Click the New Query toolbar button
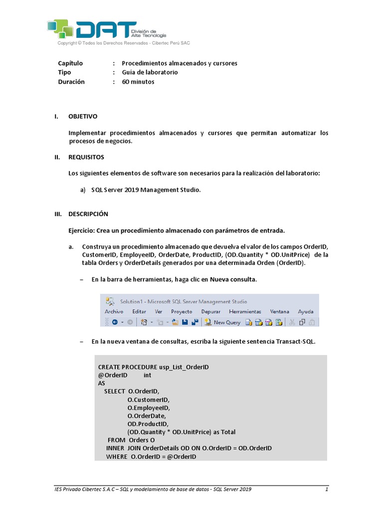(223, 322)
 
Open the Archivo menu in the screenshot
(114, 311)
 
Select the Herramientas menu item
(245, 311)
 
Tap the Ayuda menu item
(306, 311)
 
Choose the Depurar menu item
(210, 311)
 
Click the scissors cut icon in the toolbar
(292, 322)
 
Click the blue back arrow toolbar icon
(114, 322)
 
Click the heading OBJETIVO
(83, 116)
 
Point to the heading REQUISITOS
(86, 157)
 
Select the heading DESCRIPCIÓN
(88, 214)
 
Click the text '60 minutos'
(138, 82)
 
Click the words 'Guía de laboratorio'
(150, 72)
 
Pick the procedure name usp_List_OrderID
(184, 367)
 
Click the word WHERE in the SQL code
(117, 457)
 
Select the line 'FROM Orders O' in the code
(131, 440)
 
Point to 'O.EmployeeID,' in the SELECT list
(149, 407)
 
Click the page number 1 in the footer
(326, 490)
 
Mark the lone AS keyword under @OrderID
(102, 383)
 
